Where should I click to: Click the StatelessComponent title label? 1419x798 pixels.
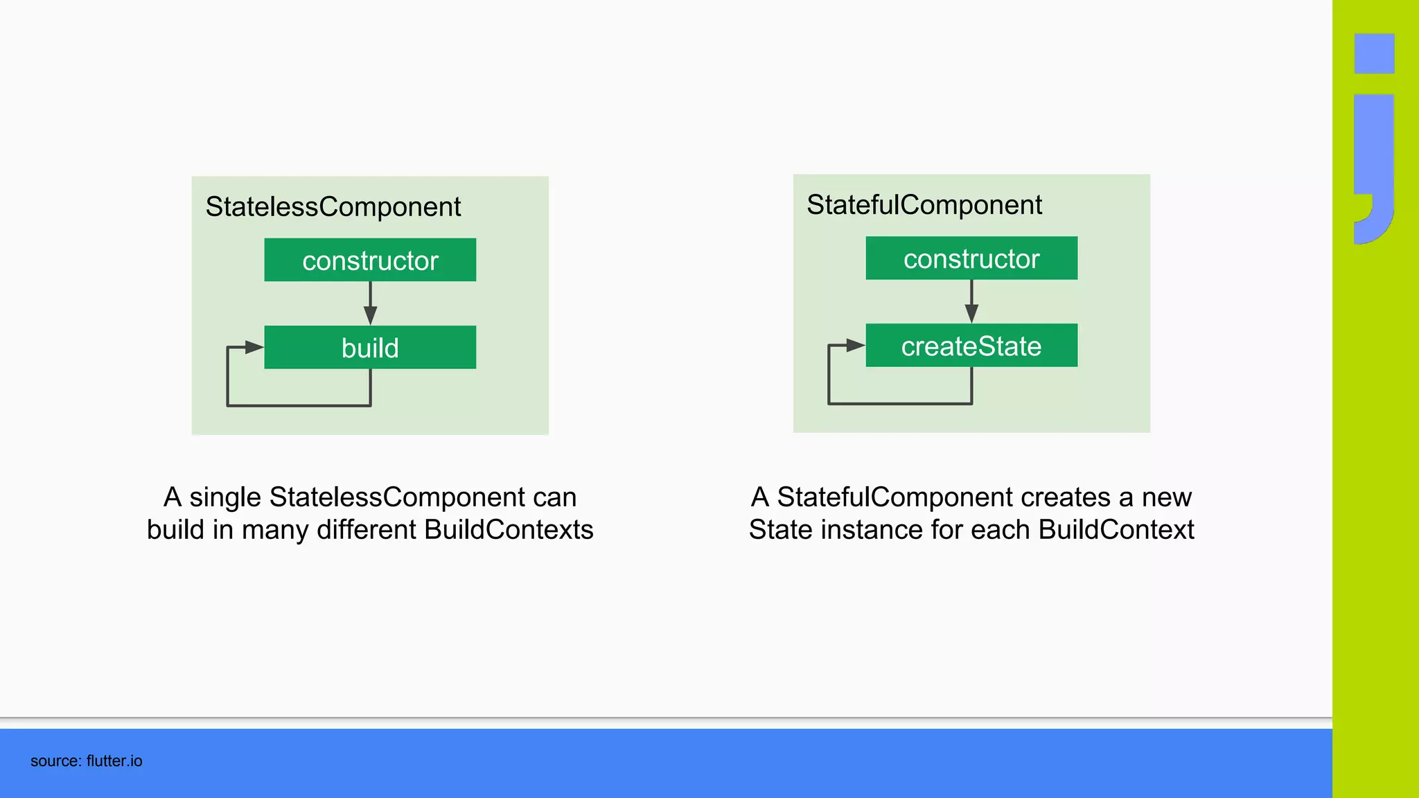point(333,206)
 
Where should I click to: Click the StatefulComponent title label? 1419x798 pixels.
point(924,205)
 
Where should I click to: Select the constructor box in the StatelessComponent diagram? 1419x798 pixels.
point(370,260)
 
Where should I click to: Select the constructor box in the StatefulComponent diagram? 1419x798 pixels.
point(971,258)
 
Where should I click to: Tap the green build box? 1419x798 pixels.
point(370,348)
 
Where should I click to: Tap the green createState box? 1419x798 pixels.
point(971,346)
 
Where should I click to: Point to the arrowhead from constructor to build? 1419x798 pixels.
point(371,315)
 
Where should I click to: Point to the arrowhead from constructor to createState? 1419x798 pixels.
point(971,313)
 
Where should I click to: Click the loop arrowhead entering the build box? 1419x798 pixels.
point(254,347)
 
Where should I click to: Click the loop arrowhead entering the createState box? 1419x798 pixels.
point(855,345)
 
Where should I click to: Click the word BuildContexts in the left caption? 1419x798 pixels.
point(509,530)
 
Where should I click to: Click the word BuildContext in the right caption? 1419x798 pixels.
point(1116,530)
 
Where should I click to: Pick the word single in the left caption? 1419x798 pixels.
point(225,497)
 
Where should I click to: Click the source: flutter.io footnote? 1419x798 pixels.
point(86,761)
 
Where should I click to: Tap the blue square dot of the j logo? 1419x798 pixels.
point(1374,53)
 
